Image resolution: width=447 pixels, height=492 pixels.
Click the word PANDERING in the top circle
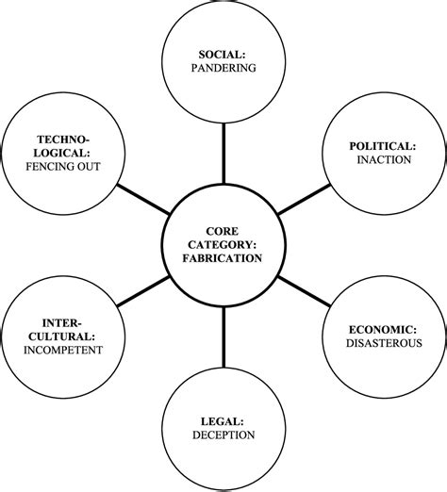tap(223, 69)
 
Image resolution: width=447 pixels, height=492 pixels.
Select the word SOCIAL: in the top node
tap(223, 53)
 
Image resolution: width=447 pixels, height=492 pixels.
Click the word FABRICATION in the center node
tap(223, 257)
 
